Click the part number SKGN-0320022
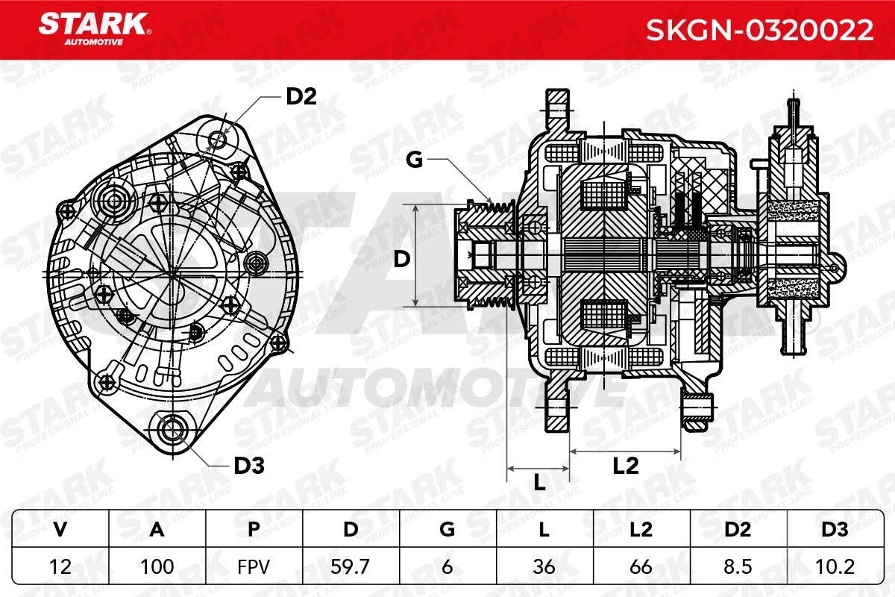(x=759, y=30)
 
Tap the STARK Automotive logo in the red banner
(x=94, y=29)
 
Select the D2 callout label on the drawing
(x=301, y=96)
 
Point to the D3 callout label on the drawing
(x=249, y=466)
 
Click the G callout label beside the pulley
(x=415, y=160)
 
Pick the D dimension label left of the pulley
(x=402, y=260)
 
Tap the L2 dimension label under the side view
(x=626, y=466)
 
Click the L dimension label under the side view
(x=539, y=483)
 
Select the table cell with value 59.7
(x=351, y=566)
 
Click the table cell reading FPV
(x=254, y=566)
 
